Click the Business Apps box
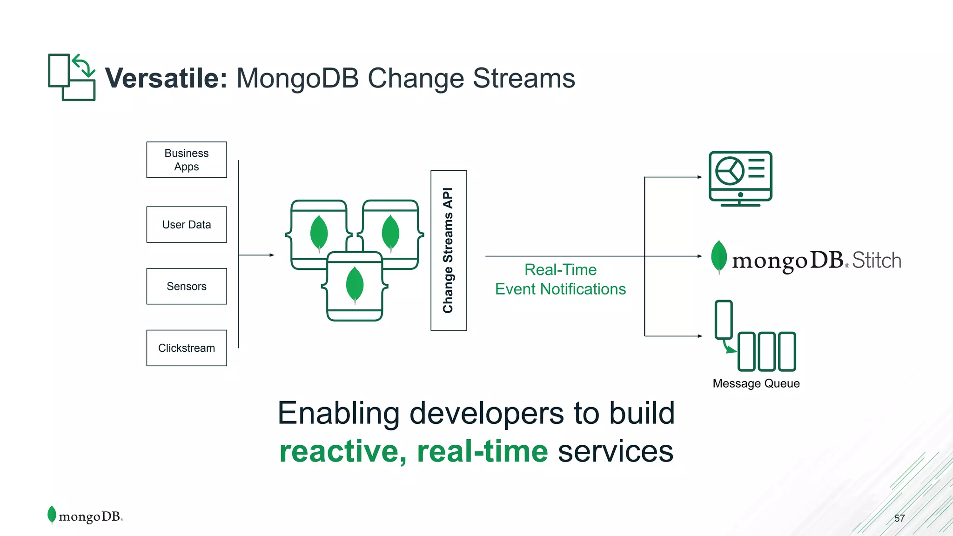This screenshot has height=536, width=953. (x=187, y=160)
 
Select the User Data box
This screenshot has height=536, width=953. (x=187, y=224)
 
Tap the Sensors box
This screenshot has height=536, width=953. (x=187, y=286)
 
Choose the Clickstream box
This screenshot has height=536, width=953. (x=187, y=348)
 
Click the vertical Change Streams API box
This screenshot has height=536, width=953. (x=449, y=250)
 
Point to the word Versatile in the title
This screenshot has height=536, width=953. (x=166, y=78)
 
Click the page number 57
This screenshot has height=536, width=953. (x=899, y=518)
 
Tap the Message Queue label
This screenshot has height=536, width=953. (x=756, y=383)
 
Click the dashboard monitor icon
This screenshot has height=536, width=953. (x=740, y=178)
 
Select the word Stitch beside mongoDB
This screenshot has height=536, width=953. (x=877, y=261)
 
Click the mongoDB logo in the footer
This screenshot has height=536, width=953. (x=85, y=516)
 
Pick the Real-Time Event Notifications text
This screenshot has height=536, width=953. (x=560, y=279)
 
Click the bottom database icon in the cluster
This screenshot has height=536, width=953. (x=355, y=287)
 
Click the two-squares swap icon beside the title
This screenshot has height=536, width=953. (x=72, y=77)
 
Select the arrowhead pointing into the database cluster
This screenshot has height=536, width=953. (x=272, y=255)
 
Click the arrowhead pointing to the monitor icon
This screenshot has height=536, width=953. (x=700, y=177)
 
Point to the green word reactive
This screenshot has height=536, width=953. (x=342, y=451)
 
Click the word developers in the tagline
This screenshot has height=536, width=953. (x=486, y=413)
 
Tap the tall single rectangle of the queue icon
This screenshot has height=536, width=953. (x=724, y=319)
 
